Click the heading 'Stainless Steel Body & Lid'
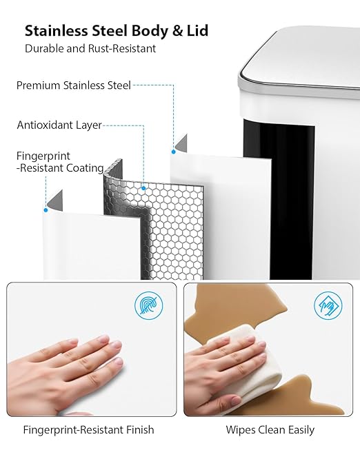click(117, 31)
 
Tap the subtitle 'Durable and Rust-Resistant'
click(90, 48)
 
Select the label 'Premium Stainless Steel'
click(74, 85)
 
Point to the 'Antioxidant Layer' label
click(59, 125)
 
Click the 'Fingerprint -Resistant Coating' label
click(60, 162)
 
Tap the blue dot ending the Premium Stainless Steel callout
click(174, 152)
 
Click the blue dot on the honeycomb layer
click(143, 188)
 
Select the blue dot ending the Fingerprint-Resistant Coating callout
click(46, 210)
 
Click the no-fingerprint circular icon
click(149, 305)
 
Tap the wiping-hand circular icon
click(328, 305)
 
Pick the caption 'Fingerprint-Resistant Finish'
click(88, 430)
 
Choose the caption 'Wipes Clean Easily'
click(270, 430)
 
